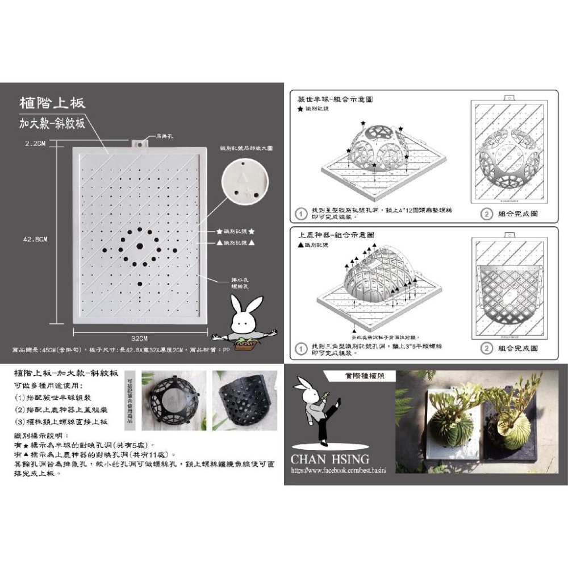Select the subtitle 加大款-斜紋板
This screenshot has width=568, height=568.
52,123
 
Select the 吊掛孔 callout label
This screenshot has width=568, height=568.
164,136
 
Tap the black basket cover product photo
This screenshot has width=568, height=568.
243,400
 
